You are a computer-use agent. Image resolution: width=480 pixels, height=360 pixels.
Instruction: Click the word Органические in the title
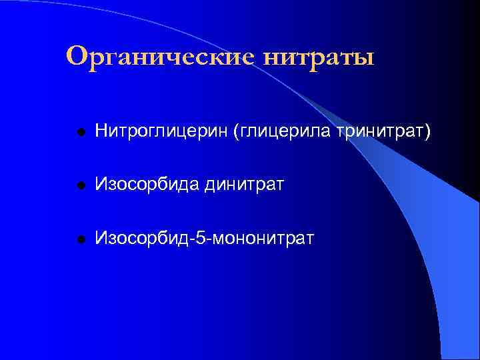pyautogui.click(x=160, y=57)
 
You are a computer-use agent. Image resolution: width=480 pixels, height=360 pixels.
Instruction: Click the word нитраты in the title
pyautogui.click(x=319, y=57)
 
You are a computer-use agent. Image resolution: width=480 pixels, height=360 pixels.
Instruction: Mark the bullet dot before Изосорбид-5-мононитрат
pyautogui.click(x=80, y=238)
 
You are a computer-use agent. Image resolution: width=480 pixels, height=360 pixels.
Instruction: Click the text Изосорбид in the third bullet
pyautogui.click(x=141, y=237)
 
